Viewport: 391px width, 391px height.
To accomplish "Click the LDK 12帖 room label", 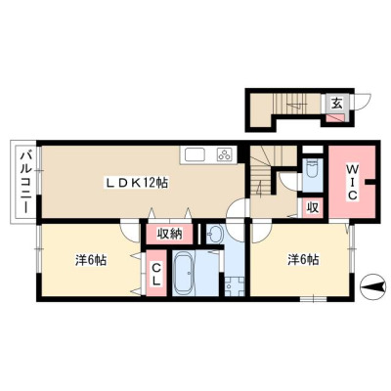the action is click(x=136, y=183).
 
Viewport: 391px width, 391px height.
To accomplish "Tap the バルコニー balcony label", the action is click(x=25, y=182).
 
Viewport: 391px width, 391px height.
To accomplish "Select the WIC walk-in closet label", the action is click(x=352, y=182).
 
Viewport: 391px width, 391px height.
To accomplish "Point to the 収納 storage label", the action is click(x=170, y=234).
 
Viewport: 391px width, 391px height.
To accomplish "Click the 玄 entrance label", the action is click(x=337, y=104).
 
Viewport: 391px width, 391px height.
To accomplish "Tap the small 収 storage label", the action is click(x=313, y=208).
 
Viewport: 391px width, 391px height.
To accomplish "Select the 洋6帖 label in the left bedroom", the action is click(x=91, y=260).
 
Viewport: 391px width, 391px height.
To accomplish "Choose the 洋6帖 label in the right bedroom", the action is click(x=303, y=260).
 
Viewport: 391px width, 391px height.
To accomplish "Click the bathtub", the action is click(x=184, y=274).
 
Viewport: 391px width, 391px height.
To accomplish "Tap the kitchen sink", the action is click(x=195, y=154).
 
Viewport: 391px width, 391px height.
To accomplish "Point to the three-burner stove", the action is click(x=225, y=154).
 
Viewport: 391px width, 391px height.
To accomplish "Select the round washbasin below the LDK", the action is click(x=214, y=234).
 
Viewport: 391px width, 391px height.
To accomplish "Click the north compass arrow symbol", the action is click(x=372, y=287).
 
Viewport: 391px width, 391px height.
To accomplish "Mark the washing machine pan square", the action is click(x=235, y=286).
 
